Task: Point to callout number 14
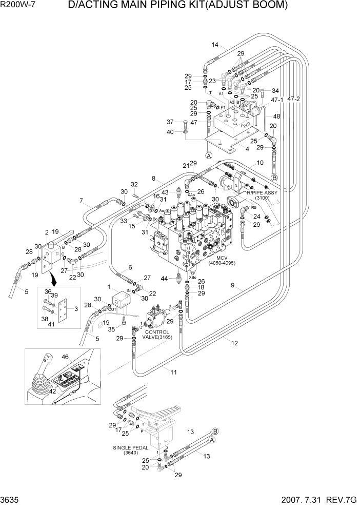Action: point(215,44)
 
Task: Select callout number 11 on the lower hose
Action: point(173,372)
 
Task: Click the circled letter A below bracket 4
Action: point(209,155)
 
